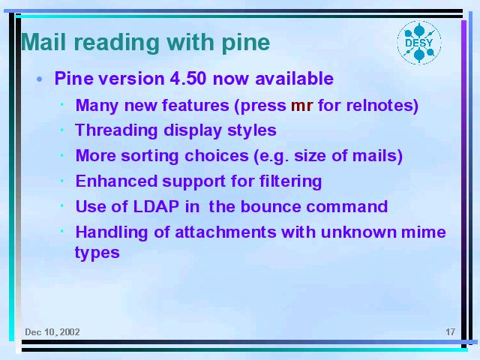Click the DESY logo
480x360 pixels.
(x=419, y=43)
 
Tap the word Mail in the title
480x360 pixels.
(x=43, y=42)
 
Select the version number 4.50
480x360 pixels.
(x=188, y=79)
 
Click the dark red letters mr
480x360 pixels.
(x=301, y=106)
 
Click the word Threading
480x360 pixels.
(x=116, y=131)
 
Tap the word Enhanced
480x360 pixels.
(x=116, y=181)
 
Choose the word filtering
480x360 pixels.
(x=290, y=181)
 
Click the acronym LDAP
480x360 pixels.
(x=156, y=206)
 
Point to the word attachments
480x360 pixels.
(x=226, y=232)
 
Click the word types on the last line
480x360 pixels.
(x=97, y=253)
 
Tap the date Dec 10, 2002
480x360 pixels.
(x=52, y=332)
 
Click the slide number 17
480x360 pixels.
(x=450, y=331)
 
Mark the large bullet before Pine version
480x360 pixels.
(x=39, y=79)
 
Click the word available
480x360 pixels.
(x=294, y=79)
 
